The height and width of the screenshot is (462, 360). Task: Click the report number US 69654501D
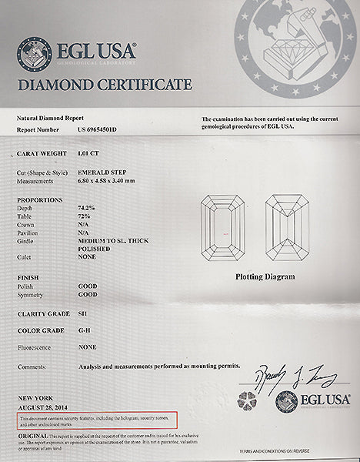coord(96,130)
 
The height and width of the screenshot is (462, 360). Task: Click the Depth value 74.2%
coord(86,208)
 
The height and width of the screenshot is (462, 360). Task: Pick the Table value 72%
coord(84,216)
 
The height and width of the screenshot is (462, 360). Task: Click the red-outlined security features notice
coord(97,420)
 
